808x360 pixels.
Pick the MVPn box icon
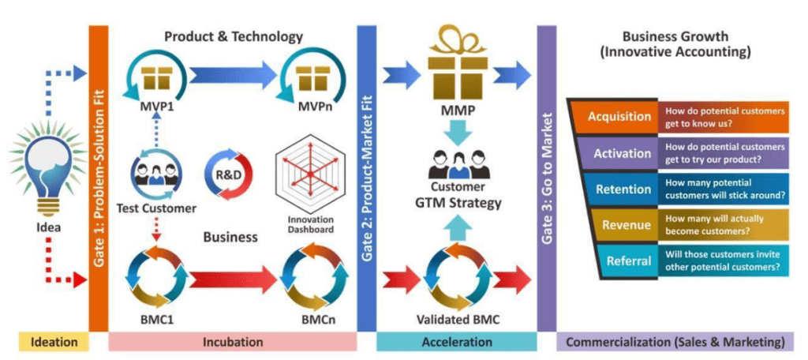click(305, 77)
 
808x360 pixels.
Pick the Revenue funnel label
click(627, 225)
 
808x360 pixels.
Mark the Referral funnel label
click(630, 261)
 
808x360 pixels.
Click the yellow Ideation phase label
click(54, 342)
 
